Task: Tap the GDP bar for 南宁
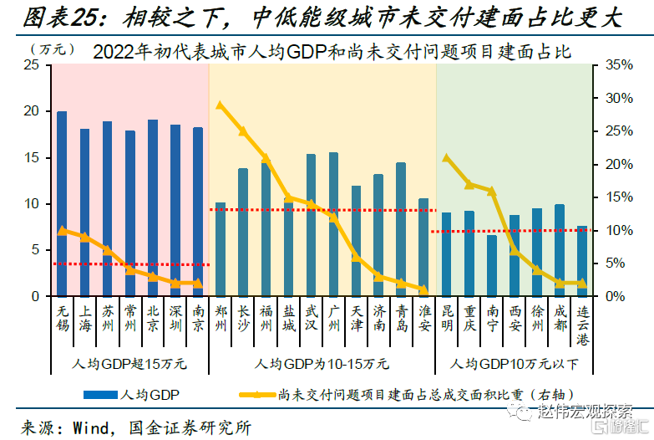(492, 265)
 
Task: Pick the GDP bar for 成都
(560, 250)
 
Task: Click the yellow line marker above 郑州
(220, 105)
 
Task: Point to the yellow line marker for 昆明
(447, 157)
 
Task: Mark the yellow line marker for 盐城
(288, 198)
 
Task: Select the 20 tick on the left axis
(33, 110)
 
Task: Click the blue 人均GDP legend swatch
(99, 393)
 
